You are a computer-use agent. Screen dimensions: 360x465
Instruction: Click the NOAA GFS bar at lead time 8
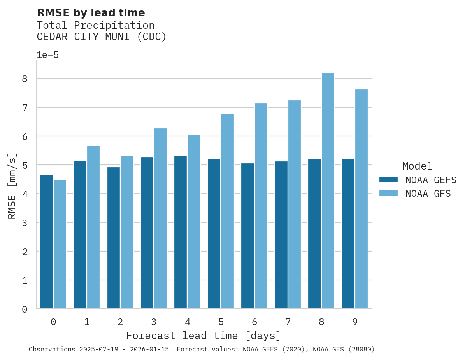point(328,191)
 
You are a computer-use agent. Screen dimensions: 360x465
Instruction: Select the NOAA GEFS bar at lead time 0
point(46,241)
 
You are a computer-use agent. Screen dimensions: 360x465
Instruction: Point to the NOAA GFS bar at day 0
point(60,244)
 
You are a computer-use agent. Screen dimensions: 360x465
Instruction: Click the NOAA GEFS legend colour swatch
point(388,180)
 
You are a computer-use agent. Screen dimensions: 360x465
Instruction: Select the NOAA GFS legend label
point(428,194)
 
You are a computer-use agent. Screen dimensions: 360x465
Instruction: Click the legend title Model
point(417,166)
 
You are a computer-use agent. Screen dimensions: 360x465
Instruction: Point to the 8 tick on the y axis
point(25,79)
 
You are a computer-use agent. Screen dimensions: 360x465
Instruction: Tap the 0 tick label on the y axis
point(25,309)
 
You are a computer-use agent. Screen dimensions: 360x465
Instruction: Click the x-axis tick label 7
point(288,322)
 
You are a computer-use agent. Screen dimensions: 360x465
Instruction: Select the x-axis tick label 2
point(120,322)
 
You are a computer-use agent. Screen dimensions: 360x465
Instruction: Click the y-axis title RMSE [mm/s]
point(12,185)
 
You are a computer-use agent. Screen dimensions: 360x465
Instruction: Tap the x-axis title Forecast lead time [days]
point(203,336)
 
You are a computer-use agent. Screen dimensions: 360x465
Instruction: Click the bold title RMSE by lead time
point(91,13)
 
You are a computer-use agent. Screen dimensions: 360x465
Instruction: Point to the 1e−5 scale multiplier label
point(47,55)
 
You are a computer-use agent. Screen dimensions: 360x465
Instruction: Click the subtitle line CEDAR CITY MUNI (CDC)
point(101,37)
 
